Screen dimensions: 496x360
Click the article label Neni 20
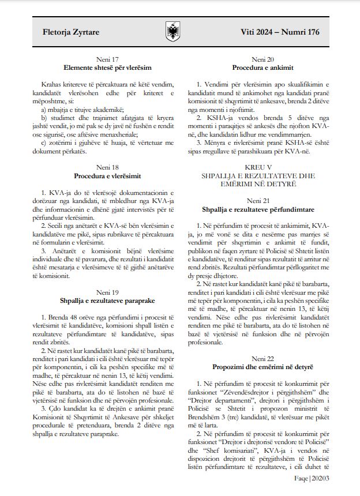pyautogui.click(x=262, y=59)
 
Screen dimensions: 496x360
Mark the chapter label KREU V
pyautogui.click(x=262, y=167)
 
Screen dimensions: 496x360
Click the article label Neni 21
pyautogui.click(x=262, y=200)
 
